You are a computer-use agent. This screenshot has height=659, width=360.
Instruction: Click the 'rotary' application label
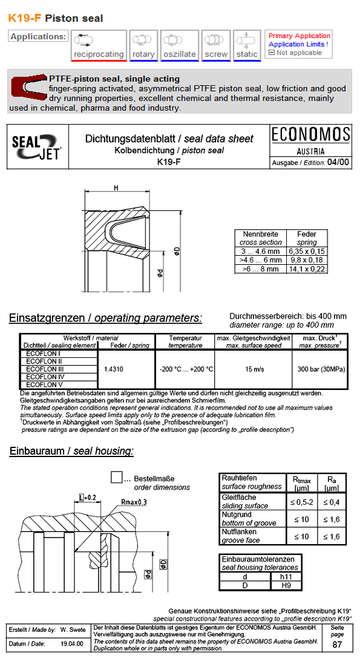tap(143, 54)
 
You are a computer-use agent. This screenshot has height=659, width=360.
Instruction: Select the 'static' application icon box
tap(247, 45)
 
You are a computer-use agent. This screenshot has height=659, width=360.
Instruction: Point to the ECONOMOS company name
tap(311, 134)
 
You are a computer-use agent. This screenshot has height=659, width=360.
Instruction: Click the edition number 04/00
tap(338, 162)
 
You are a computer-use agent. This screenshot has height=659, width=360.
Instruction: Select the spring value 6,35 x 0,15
tap(307, 251)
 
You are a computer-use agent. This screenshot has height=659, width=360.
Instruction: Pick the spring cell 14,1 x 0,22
tap(307, 269)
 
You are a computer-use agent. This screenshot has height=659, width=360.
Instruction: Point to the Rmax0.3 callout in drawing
tap(134, 502)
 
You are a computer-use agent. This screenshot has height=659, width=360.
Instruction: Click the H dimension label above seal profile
tap(116, 188)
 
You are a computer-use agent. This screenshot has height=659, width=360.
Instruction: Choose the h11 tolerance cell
tap(286, 576)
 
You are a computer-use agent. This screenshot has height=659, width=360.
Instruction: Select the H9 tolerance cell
tap(286, 585)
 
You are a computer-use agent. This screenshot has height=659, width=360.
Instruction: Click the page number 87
tap(337, 644)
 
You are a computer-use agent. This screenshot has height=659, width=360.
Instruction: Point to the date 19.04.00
tap(71, 644)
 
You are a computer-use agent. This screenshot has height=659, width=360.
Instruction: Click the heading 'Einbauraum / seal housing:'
tap(71, 451)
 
